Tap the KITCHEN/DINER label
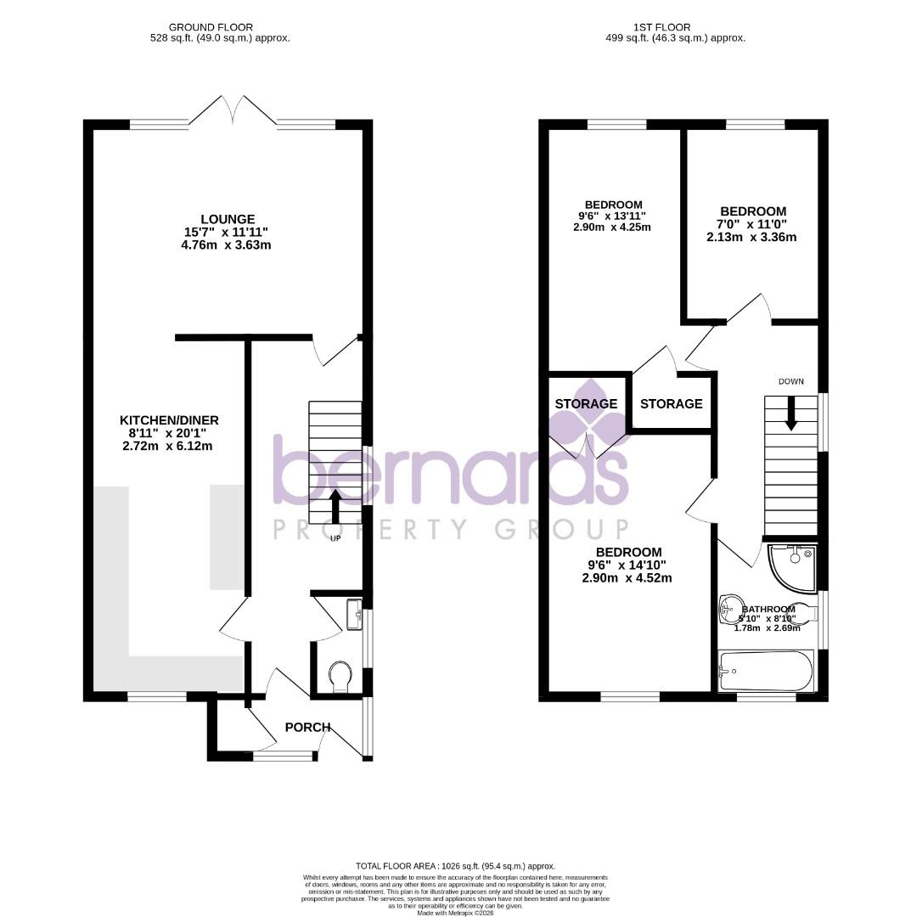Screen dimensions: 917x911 click(170, 420)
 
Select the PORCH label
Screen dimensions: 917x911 click(307, 727)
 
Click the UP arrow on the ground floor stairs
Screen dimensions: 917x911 click(335, 506)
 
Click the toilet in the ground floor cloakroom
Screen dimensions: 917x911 click(340, 678)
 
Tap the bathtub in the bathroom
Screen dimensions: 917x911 click(765, 670)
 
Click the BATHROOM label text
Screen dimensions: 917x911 click(768, 610)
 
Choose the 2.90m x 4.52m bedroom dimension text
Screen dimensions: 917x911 click(627, 578)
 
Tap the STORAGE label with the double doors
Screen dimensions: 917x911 click(586, 403)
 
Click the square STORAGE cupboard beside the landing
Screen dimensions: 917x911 click(671, 403)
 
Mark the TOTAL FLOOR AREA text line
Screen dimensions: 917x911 click(455, 864)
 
